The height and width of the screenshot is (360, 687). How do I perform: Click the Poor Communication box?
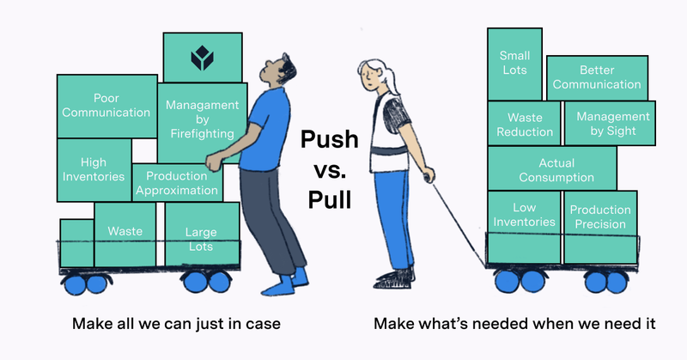(106, 106)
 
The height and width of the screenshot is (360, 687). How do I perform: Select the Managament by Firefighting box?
(202, 119)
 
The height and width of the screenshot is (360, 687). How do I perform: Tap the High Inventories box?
(93, 169)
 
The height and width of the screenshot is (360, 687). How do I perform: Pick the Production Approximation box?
(178, 182)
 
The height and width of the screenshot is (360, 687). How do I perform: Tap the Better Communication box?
(597, 77)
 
